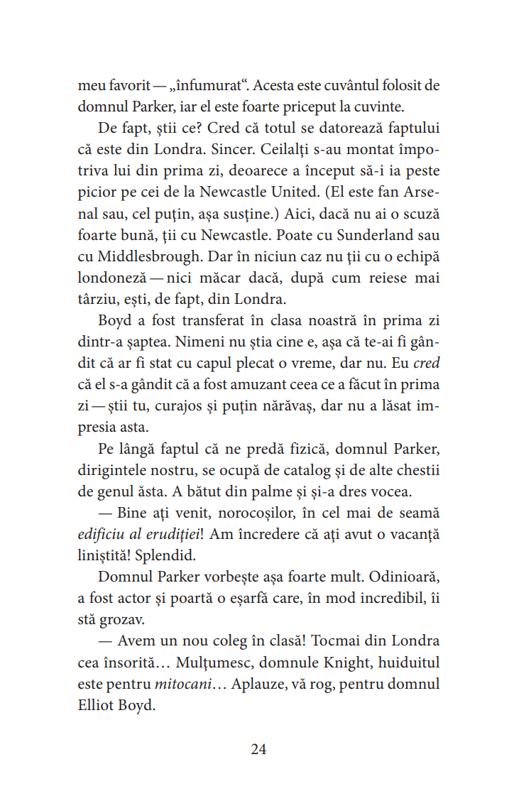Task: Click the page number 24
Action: pos(258,749)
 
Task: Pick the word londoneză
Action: pos(116,278)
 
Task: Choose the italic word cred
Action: pos(426,363)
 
